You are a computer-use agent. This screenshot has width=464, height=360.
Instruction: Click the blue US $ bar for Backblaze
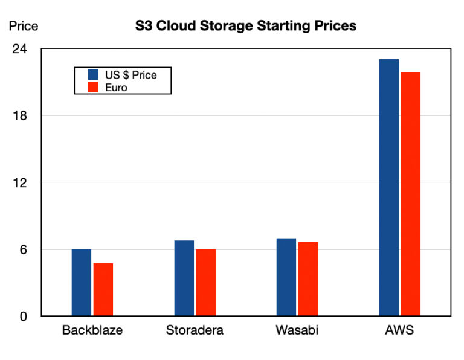(x=81, y=283)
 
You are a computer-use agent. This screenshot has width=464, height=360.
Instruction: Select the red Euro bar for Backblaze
(x=103, y=290)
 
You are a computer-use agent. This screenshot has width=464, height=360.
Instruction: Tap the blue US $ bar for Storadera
(x=184, y=278)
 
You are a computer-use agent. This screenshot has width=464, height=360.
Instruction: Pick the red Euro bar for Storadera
(x=205, y=283)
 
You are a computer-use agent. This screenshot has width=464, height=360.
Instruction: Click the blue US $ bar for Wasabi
(x=286, y=277)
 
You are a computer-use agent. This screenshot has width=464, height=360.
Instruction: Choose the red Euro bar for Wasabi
(x=308, y=279)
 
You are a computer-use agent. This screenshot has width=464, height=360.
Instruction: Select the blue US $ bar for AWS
(x=388, y=187)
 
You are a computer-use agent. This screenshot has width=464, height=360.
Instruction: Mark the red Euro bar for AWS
(x=410, y=194)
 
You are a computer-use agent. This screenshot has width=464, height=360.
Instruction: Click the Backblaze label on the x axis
(x=92, y=330)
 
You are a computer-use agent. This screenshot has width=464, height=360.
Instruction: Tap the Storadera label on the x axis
(x=195, y=330)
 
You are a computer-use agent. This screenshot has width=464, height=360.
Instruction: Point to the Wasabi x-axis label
(x=297, y=330)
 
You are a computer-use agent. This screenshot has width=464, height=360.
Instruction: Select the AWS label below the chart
(x=399, y=330)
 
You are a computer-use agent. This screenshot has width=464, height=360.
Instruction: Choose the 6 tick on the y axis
(x=24, y=249)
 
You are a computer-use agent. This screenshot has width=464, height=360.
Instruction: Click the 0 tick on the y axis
(x=24, y=317)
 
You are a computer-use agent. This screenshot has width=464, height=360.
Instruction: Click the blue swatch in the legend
(x=93, y=75)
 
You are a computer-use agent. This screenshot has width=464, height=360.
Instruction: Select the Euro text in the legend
(x=116, y=88)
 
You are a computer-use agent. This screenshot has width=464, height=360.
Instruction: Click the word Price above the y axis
(x=23, y=26)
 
